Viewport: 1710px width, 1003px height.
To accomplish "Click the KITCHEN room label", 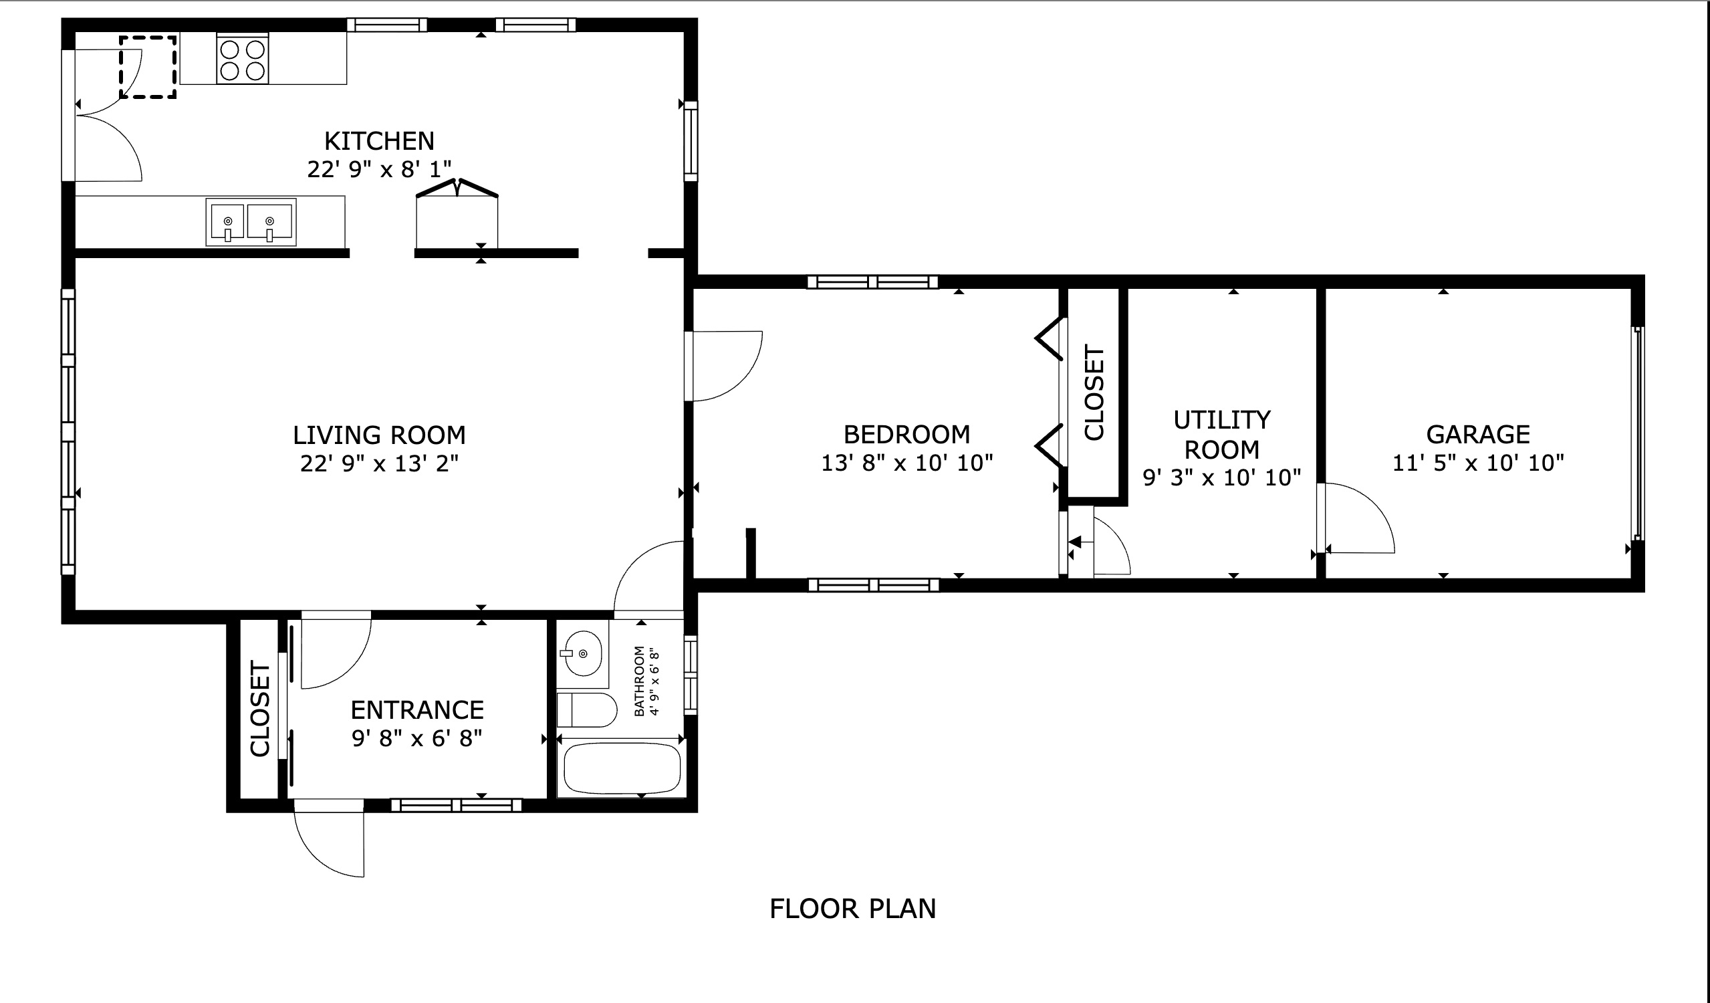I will [x=378, y=141].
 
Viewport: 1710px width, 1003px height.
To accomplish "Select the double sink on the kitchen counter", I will [x=251, y=222].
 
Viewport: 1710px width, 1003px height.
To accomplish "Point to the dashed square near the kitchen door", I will [x=148, y=67].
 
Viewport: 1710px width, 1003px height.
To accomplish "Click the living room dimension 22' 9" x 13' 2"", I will [x=378, y=464].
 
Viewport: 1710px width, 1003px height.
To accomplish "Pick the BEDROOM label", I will [x=906, y=435].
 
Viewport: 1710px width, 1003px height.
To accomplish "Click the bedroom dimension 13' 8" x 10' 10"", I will [x=906, y=463].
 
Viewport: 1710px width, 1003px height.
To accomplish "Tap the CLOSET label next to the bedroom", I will [x=1094, y=393].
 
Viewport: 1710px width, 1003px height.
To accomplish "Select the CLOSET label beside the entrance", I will [x=260, y=709].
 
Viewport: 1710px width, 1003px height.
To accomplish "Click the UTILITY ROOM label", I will [x=1221, y=435].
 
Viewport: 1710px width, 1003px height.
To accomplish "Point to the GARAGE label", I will [x=1478, y=435].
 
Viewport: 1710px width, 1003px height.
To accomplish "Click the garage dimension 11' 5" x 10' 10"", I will [x=1478, y=463].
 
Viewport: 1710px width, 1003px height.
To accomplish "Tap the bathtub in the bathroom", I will [x=622, y=769].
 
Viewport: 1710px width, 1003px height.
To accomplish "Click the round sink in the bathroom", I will [x=583, y=653].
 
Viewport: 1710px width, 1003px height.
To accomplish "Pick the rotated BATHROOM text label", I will [x=639, y=681].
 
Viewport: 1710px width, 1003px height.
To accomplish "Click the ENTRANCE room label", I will [x=416, y=711].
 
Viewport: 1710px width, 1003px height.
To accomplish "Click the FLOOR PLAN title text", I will [x=852, y=909].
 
